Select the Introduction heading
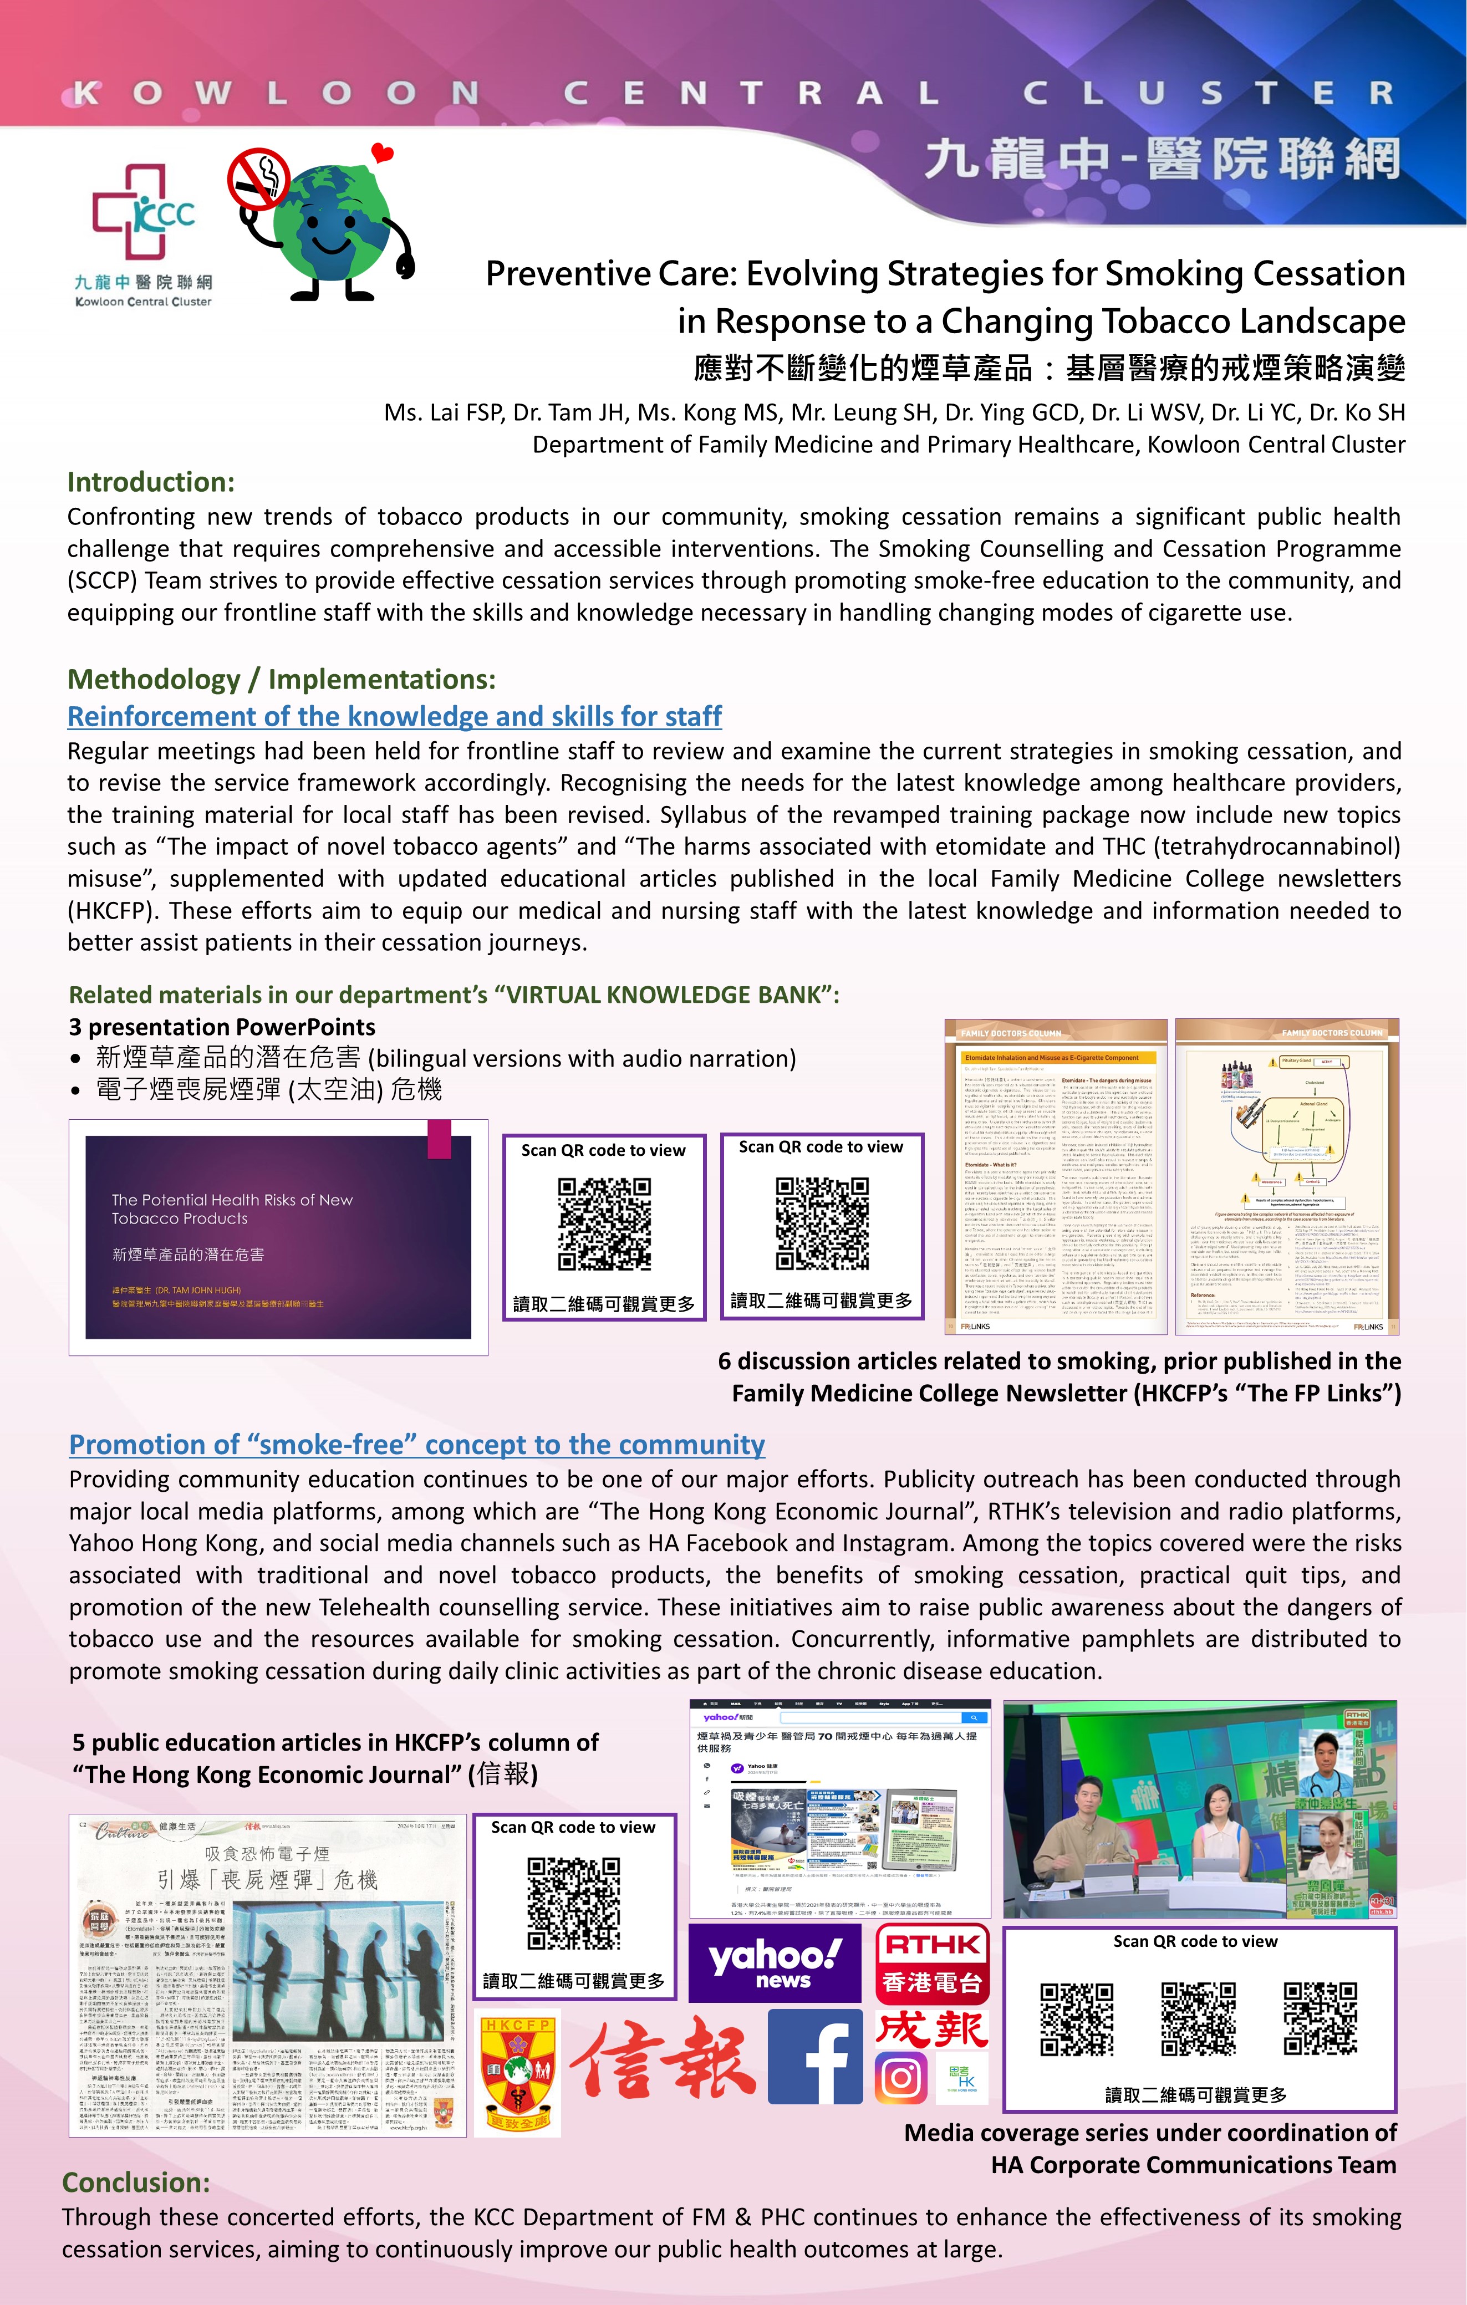[x=150, y=482]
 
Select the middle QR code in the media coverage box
[x=1198, y=2020]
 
